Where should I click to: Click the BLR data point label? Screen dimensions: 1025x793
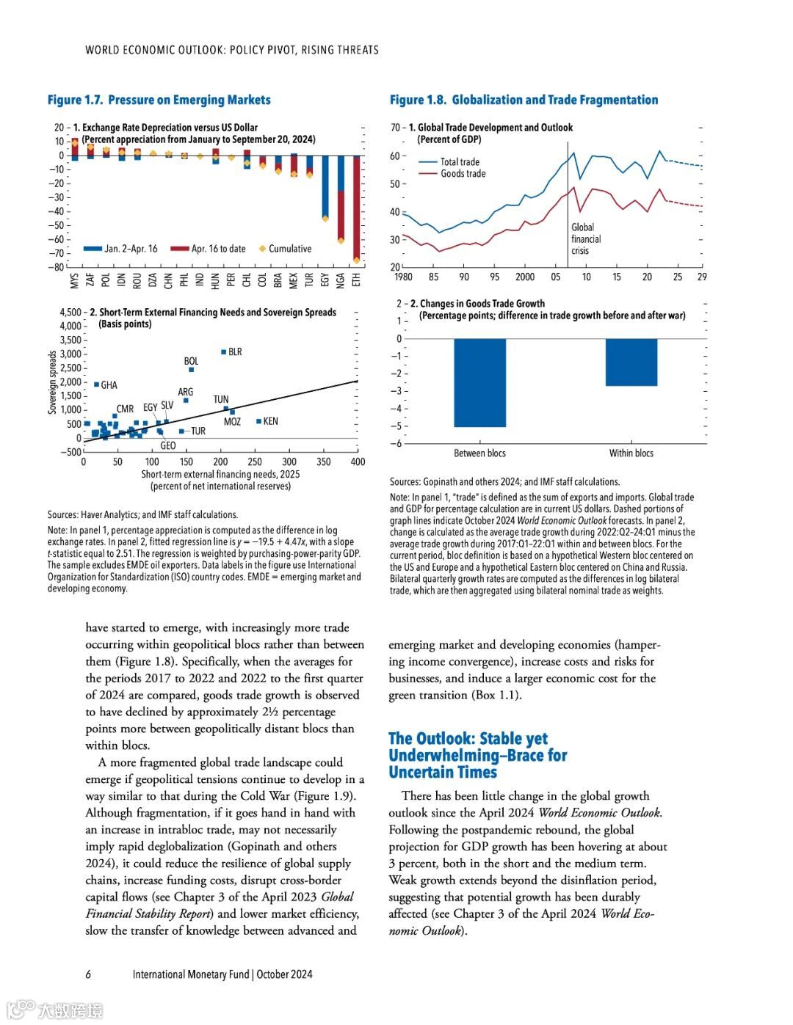click(x=235, y=352)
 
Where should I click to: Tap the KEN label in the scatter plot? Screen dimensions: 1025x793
click(x=270, y=422)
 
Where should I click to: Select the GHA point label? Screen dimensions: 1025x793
click(x=109, y=385)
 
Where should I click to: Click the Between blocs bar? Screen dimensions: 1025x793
click(x=479, y=382)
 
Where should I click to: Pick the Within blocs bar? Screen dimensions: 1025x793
click(x=631, y=362)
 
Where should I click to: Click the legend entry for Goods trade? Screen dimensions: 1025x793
click(x=463, y=174)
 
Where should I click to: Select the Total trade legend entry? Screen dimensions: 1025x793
click(x=460, y=162)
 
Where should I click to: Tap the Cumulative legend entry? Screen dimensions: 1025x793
click(x=289, y=249)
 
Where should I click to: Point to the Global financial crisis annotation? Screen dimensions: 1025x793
click(x=585, y=239)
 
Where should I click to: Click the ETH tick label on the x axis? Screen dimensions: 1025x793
click(x=357, y=280)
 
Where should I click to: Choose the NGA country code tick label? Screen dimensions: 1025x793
click(x=341, y=280)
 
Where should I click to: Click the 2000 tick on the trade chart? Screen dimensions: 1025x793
click(x=525, y=277)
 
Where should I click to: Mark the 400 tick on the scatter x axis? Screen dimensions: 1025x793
click(x=358, y=462)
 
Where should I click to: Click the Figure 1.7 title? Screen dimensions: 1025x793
click(x=159, y=100)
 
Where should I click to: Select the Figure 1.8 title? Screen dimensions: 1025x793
click(x=524, y=100)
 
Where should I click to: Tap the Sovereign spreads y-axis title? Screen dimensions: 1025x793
click(x=53, y=382)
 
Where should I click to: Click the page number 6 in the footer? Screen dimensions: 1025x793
click(x=88, y=974)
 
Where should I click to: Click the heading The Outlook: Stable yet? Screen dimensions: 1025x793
click(x=468, y=738)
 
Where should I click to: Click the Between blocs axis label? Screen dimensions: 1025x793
click(x=479, y=453)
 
